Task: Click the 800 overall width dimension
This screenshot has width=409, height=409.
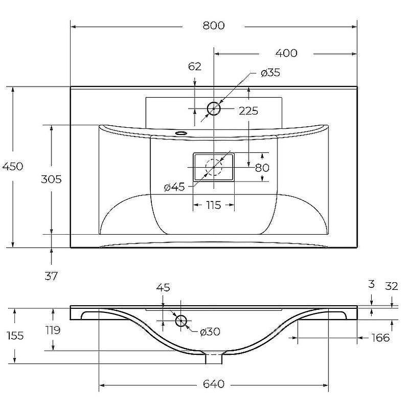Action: pos(214,26)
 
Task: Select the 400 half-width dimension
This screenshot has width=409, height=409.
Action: pos(286,53)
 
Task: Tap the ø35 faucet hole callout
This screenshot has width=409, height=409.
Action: pos(270,73)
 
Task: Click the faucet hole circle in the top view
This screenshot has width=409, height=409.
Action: pos(214,109)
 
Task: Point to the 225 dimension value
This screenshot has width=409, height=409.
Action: pos(248,111)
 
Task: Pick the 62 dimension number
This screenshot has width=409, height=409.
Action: pos(195,66)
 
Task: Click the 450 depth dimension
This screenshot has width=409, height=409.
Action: pos(12,167)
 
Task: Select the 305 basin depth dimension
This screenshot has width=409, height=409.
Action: pos(51,179)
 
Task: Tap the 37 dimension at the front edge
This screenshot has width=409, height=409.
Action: pos(51,276)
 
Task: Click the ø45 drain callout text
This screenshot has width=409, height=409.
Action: pos(174,187)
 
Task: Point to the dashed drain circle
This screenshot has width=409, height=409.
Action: pos(214,167)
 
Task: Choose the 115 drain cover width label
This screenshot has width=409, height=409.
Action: pos(214,206)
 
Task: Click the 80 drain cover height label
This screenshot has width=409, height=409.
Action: pos(262,168)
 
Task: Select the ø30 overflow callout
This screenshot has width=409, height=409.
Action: pos(210,332)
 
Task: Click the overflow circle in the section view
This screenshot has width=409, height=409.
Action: pos(181,321)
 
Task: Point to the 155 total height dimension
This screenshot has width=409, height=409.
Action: pos(15,335)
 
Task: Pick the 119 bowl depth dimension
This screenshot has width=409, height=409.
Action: pos(53,330)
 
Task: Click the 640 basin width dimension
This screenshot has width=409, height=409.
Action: pos(214,384)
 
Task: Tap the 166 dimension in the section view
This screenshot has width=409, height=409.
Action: pos(380,338)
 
